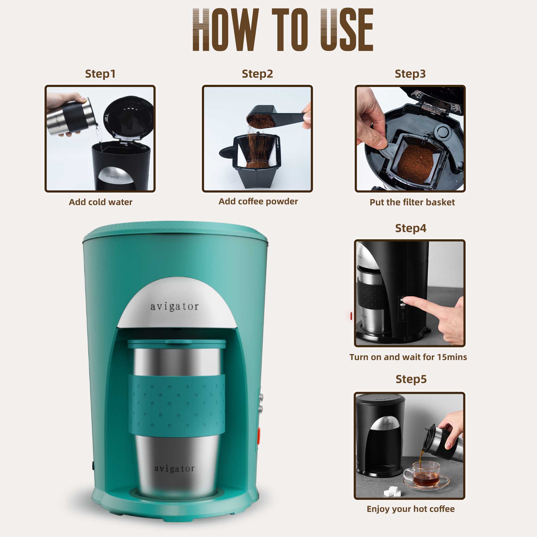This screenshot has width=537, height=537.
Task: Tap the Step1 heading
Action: (100, 74)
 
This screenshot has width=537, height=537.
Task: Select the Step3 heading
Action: (410, 74)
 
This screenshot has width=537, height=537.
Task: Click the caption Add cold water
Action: (100, 202)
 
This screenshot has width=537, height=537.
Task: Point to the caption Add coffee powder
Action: (258, 201)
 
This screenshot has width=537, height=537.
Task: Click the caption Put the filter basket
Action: (412, 202)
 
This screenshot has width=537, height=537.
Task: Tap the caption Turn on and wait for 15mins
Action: (408, 357)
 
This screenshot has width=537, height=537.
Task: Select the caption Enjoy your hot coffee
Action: (411, 509)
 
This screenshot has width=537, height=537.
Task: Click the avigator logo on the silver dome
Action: (175, 307)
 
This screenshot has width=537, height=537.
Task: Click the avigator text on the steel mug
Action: (174, 469)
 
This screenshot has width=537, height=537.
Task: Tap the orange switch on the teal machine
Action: (259, 435)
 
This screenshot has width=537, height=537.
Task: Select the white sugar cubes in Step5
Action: (392, 492)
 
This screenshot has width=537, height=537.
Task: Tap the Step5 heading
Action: (411, 379)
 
